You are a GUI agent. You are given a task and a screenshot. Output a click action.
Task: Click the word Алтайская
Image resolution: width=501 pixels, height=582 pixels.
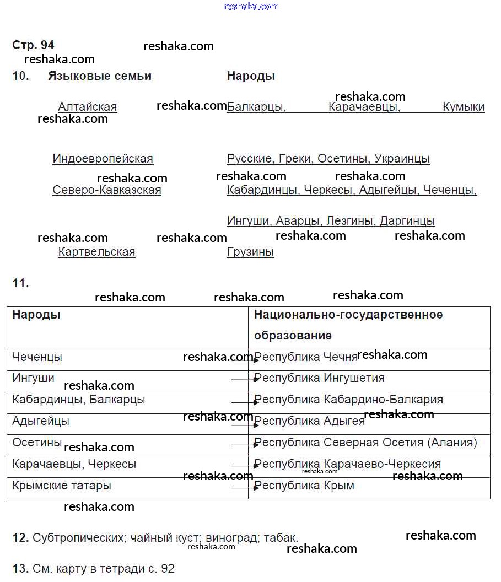click(x=87, y=107)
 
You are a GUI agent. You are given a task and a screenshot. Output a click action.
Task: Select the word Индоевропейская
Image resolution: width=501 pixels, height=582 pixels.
click(x=103, y=159)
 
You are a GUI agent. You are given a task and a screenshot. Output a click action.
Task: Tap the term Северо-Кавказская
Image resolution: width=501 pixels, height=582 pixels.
click(x=107, y=191)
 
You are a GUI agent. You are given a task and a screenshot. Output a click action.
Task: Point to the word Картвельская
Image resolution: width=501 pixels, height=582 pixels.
click(x=96, y=252)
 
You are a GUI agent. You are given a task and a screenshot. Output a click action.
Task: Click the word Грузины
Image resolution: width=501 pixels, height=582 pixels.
click(x=250, y=252)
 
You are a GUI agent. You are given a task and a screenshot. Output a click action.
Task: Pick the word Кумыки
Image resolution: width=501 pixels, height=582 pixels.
click(x=464, y=107)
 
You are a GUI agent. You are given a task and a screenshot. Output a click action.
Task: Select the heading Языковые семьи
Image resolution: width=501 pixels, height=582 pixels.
click(x=99, y=76)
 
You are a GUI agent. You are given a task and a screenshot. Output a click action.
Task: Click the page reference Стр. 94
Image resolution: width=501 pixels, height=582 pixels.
click(x=33, y=45)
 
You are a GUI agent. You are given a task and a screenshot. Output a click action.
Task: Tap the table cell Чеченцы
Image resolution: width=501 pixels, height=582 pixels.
click(x=37, y=357)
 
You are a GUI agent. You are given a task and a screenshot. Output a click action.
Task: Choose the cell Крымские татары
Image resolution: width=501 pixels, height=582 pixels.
click(x=62, y=486)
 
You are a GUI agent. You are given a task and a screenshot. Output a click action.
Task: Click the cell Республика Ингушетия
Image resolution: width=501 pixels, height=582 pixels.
click(x=319, y=379)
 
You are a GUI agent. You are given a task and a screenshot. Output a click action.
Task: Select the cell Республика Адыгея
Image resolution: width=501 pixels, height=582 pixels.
click(x=309, y=422)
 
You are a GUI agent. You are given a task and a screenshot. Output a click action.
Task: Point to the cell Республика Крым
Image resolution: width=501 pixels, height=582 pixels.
click(x=304, y=486)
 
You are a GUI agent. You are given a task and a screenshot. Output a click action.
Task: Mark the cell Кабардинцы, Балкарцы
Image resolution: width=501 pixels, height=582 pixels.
click(x=78, y=400)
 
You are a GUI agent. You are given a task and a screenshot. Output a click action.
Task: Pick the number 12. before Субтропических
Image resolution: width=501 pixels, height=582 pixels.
click(x=20, y=538)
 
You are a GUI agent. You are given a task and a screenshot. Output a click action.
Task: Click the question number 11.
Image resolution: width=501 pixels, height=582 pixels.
click(x=20, y=284)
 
